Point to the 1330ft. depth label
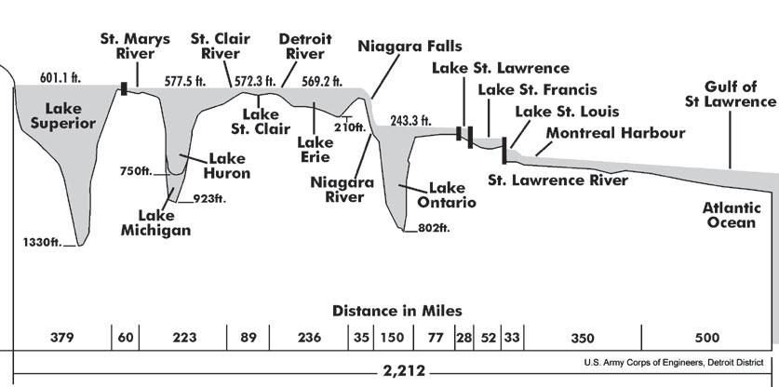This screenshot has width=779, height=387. (43, 243)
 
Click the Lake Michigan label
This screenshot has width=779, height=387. (154, 222)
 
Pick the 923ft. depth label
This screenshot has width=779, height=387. (209, 197)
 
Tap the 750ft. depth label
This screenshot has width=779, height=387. (137, 171)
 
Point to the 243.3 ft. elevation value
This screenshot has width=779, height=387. (410, 120)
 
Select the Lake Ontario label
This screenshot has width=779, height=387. (452, 194)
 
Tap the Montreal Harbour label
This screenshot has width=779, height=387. (615, 133)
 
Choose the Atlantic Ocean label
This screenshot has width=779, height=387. (732, 216)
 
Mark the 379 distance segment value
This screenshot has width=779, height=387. (61, 336)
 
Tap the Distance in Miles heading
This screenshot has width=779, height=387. (397, 310)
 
